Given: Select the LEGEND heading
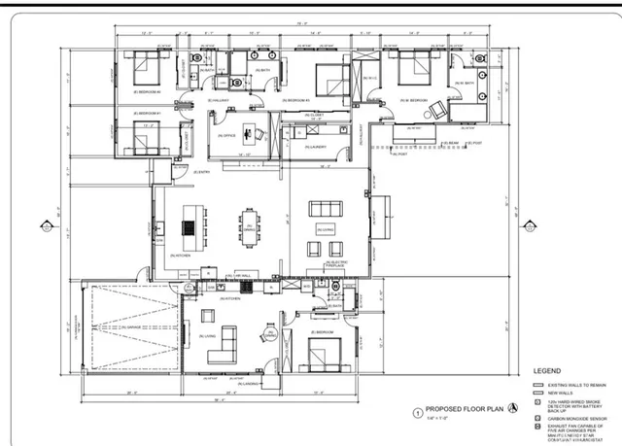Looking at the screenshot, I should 547,371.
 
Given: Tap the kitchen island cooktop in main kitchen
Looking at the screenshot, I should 187,228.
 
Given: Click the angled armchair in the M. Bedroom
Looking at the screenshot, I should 438,104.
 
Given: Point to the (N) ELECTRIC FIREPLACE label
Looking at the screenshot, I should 337,264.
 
